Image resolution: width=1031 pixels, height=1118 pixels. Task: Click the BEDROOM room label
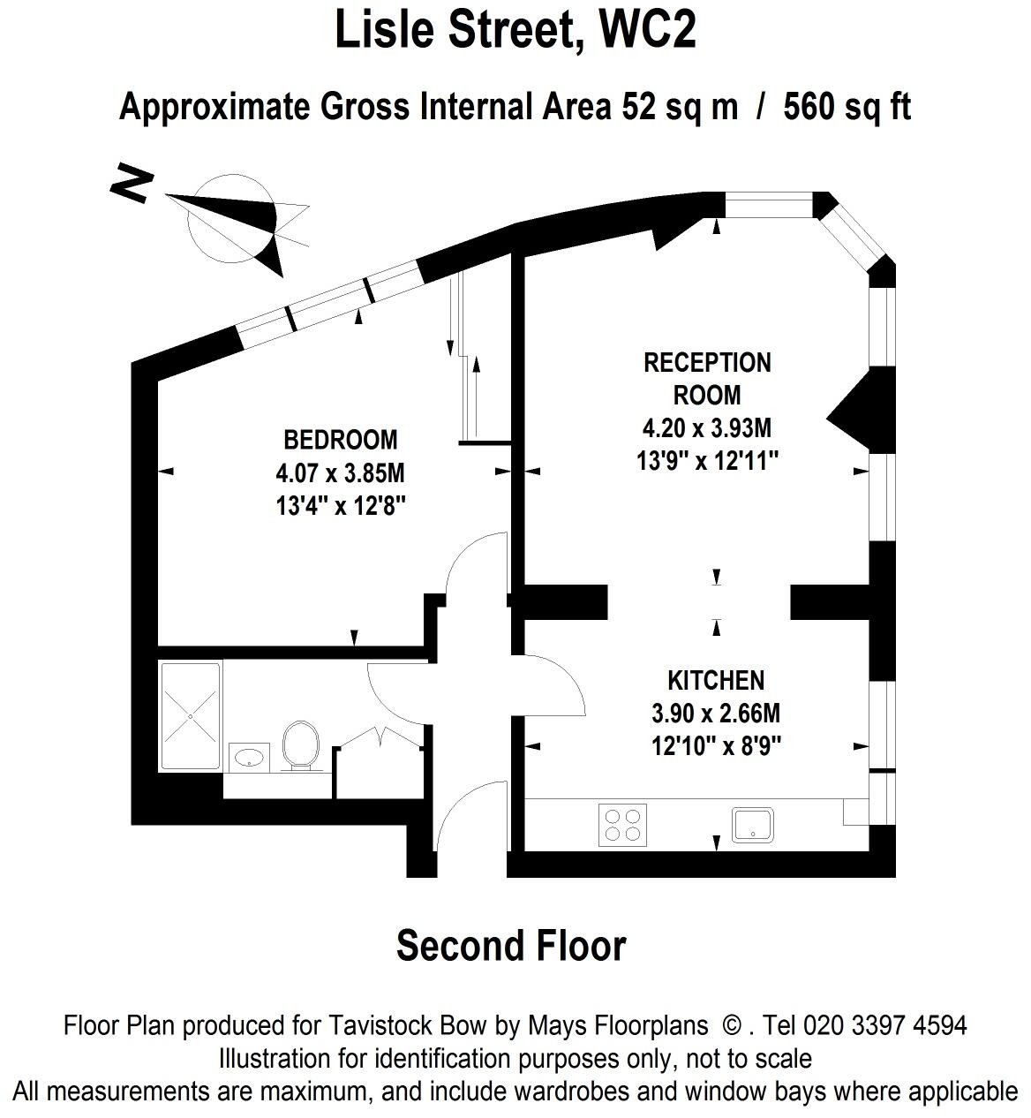tap(341, 440)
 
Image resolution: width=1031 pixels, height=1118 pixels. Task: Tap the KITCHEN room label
tap(716, 681)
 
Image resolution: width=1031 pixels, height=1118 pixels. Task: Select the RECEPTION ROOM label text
tap(707, 378)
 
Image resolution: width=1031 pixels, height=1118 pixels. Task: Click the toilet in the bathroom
tap(300, 746)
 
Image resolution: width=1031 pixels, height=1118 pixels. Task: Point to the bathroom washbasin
tap(249, 758)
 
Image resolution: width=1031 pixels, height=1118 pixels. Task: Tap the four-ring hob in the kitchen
tap(622, 825)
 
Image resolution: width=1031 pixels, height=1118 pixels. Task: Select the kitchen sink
tap(752, 825)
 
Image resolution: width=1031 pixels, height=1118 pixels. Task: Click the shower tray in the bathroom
tap(191, 716)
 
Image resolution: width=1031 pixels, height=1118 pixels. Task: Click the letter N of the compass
tap(132, 184)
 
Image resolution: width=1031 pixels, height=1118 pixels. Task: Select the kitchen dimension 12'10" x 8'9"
tap(717, 747)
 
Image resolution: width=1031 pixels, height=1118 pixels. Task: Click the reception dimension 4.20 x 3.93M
tap(707, 428)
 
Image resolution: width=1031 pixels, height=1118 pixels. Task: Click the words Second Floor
tap(511, 947)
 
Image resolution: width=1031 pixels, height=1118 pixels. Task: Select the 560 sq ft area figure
tap(847, 107)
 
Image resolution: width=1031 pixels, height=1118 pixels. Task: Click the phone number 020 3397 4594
tap(884, 1025)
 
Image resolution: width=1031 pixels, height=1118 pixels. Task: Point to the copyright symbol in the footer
tap(732, 1025)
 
